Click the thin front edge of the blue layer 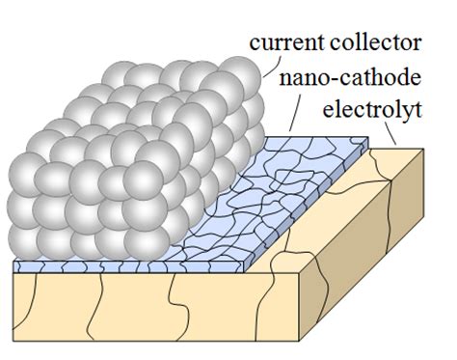145,265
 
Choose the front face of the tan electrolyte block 193,309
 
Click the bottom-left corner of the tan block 13,345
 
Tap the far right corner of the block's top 423,148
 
